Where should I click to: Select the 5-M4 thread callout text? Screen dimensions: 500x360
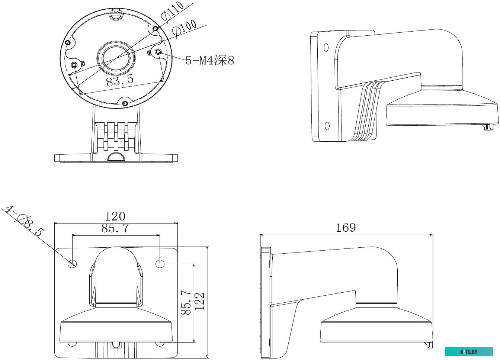point(210,60)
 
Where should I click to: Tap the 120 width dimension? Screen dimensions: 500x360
point(115,216)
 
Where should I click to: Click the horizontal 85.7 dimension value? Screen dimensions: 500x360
point(115,228)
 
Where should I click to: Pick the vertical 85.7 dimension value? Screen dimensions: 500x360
point(186,302)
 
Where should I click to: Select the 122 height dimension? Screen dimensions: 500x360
point(199,301)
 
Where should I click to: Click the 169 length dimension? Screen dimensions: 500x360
point(346,228)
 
